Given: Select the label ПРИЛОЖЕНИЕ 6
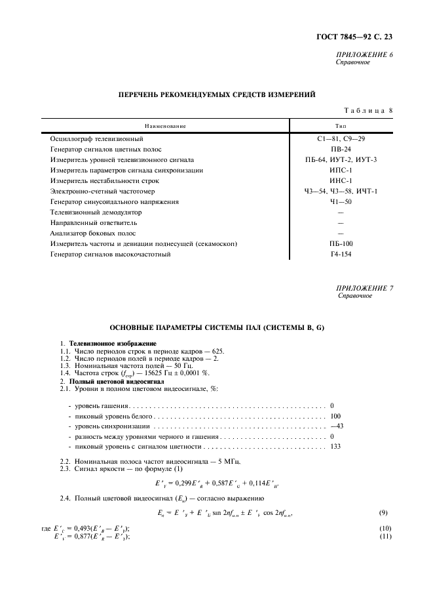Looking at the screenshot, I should click(x=364, y=54).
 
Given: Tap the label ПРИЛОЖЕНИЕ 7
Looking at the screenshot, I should click(x=364, y=288).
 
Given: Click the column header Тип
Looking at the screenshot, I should click(x=341, y=126).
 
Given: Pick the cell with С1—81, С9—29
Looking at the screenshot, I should click(x=341, y=139).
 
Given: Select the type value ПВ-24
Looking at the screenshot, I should click(x=341, y=149).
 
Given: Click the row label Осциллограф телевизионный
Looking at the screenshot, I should click(x=96, y=139).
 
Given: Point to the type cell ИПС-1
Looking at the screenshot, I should click(x=341, y=170).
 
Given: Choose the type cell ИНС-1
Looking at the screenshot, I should click(x=341, y=180).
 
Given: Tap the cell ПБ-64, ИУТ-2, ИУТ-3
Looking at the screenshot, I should click(x=341, y=159).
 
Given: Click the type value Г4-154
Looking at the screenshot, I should click(x=341, y=254).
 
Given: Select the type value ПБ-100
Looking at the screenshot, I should click(x=341, y=243).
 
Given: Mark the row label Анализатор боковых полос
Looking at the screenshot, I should click(x=93, y=233).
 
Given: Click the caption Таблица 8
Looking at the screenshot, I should click(x=367, y=111).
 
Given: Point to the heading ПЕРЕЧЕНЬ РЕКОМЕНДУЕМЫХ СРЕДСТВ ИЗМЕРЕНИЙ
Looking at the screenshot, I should click(x=216, y=94).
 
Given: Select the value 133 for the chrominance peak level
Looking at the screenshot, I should click(x=335, y=447).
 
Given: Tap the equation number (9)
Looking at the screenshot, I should click(x=386, y=512).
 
